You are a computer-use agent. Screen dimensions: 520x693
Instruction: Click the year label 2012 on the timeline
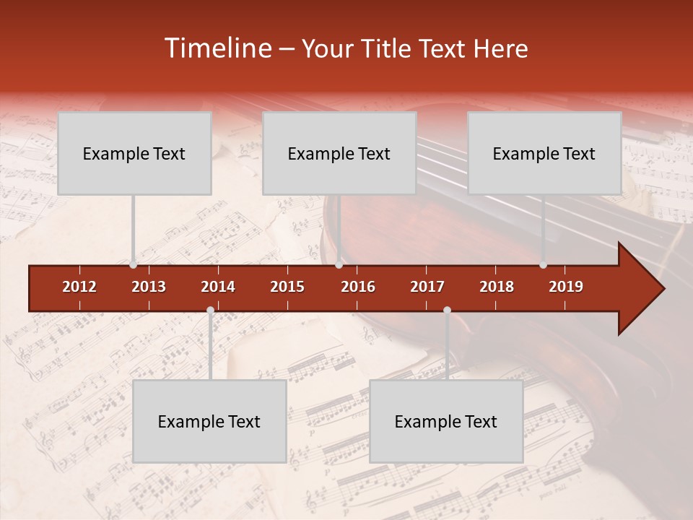pos(79,287)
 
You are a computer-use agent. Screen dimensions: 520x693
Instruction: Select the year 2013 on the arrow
pos(149,287)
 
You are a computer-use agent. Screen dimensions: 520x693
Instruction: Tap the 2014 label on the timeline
pos(218,287)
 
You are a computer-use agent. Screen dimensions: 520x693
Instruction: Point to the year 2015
pos(287,287)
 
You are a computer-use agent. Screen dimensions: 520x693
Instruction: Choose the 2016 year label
pos(358,287)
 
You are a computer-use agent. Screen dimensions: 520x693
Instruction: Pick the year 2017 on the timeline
pos(427,287)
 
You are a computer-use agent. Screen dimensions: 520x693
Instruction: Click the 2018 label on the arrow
pos(497,287)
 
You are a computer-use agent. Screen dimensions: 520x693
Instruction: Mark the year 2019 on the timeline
pos(566,287)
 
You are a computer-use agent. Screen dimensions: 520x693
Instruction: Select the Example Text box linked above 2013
pos(134,153)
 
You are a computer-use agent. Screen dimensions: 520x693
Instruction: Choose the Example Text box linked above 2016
pos(339,153)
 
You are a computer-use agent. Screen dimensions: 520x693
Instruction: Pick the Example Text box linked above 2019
pos(544,153)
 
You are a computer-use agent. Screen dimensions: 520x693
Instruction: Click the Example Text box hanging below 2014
pos(209,421)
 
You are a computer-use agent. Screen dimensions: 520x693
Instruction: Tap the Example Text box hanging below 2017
pos(446,421)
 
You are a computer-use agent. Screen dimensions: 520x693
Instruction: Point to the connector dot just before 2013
pos(134,265)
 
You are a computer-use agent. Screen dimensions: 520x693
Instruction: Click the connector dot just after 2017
pos(447,311)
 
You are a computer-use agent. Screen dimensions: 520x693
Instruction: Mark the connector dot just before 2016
pos(339,265)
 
